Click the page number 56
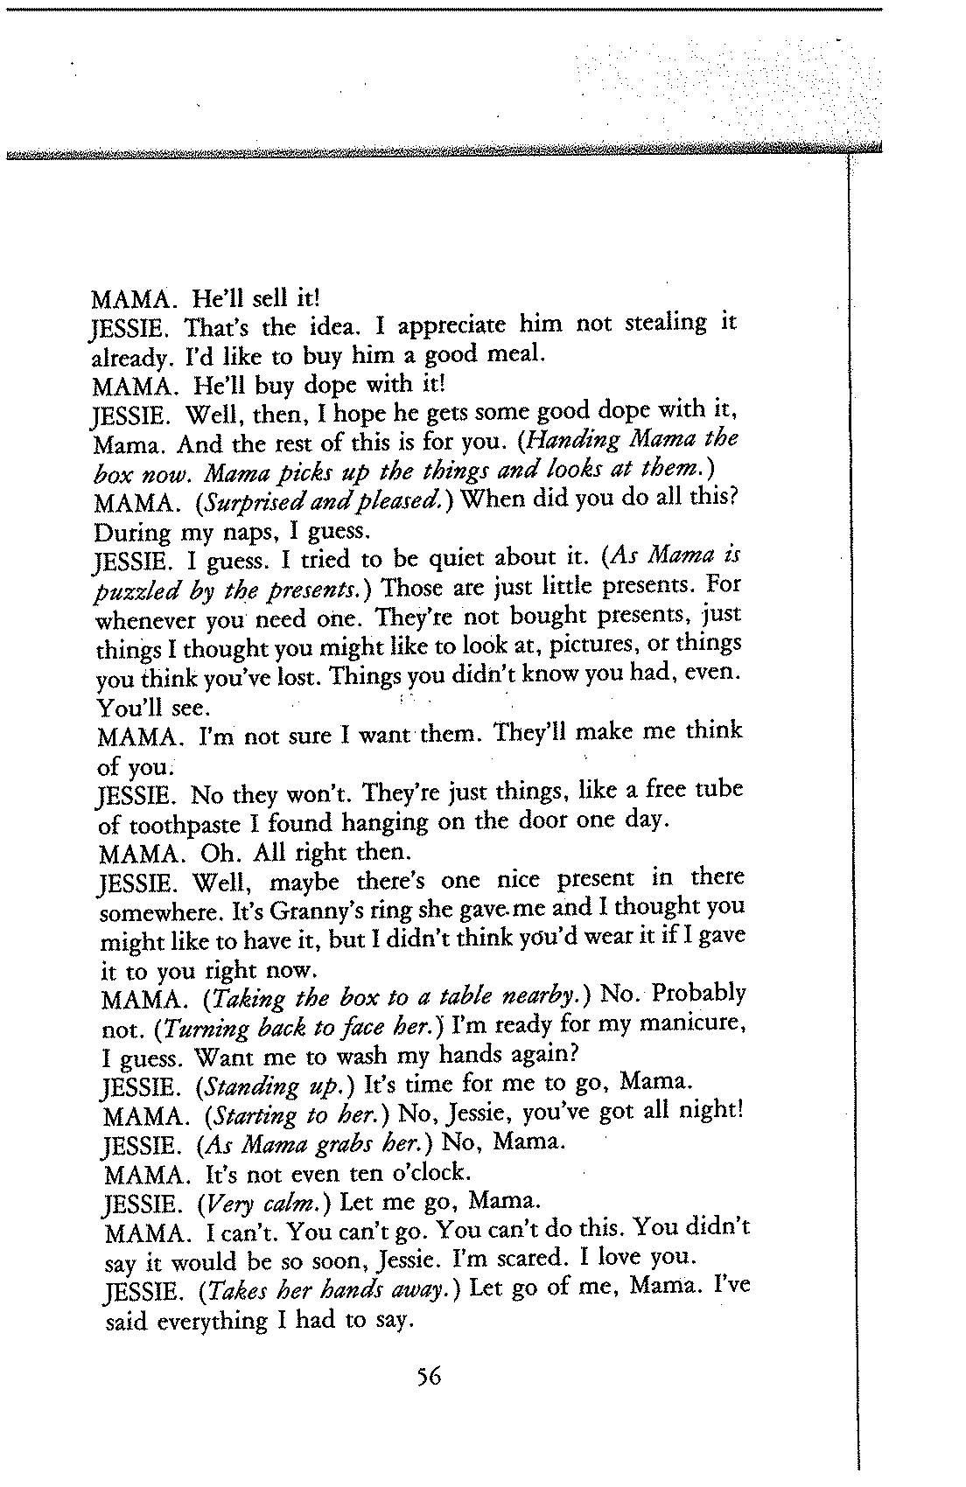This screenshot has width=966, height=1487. pos(429,1378)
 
